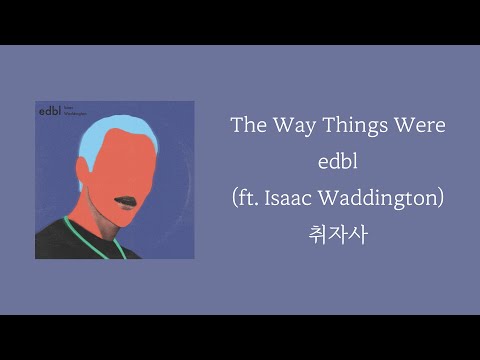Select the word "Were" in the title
pyautogui.click(x=419, y=127)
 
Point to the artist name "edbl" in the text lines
pyautogui.click(x=336, y=162)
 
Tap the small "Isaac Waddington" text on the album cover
pyautogui.click(x=78, y=112)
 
